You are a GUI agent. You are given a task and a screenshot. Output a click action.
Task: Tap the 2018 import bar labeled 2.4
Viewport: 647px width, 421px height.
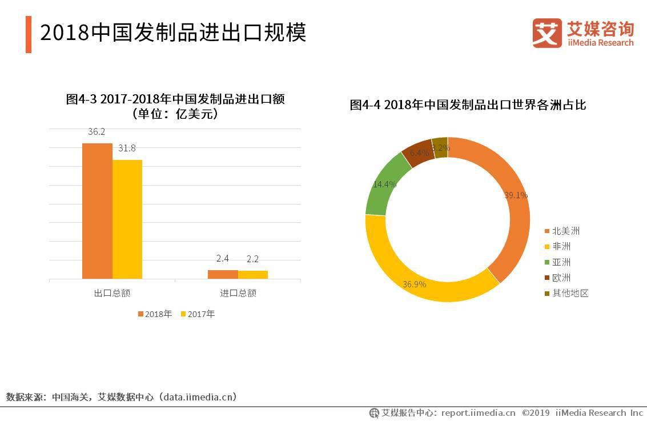[x=223, y=274]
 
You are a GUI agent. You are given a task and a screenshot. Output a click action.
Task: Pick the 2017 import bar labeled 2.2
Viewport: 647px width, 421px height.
[x=253, y=275]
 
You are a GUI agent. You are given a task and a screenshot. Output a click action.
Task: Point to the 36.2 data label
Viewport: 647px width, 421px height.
[x=97, y=132]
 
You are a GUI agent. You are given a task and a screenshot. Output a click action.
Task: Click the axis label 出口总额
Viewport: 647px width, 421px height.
[x=112, y=293]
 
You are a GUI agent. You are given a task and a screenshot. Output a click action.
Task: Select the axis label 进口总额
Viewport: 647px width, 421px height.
[x=238, y=293]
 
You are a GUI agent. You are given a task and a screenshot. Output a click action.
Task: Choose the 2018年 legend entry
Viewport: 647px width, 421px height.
[x=154, y=314]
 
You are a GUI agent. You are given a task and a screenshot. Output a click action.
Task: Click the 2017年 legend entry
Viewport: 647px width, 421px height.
[x=198, y=314]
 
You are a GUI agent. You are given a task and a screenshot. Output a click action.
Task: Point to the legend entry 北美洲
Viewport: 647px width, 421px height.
[x=565, y=231]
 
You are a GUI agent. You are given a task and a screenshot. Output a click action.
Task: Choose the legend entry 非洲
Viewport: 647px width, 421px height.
[x=560, y=247]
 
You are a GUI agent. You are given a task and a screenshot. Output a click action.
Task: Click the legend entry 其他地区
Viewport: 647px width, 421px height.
[x=569, y=294]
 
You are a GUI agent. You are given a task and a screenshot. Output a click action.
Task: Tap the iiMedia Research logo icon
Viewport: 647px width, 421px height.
[x=547, y=33]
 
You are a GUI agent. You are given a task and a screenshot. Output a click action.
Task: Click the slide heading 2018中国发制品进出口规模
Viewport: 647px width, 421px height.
[x=172, y=33]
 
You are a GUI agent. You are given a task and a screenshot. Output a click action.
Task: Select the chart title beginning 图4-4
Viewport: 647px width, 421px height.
[x=468, y=105]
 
